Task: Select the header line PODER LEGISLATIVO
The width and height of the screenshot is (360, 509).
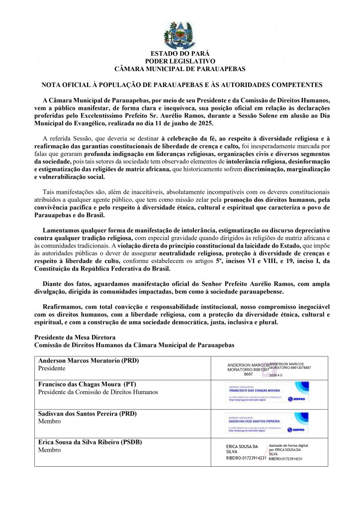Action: [180, 61]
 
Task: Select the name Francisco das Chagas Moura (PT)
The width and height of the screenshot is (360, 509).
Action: [88, 384]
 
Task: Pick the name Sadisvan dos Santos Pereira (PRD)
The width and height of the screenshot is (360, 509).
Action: [88, 413]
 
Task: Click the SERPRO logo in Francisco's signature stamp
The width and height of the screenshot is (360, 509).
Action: [298, 399]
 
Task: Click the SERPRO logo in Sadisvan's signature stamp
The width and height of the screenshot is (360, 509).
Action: [298, 429]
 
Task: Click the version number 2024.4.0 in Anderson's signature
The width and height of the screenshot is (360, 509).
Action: [282, 375]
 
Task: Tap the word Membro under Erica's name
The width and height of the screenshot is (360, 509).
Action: [49, 450]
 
